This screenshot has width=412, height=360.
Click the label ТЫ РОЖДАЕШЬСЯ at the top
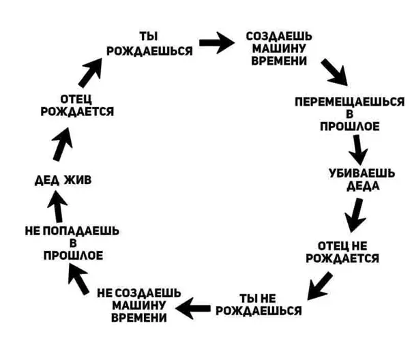[x=149, y=43]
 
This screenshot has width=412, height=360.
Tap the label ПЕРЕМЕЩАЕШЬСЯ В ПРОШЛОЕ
[x=349, y=113]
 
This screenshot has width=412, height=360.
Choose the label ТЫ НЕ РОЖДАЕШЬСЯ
[x=258, y=305]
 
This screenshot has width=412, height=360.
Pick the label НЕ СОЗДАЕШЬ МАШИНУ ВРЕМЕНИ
[x=138, y=305]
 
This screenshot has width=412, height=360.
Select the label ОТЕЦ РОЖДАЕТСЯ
[x=77, y=106]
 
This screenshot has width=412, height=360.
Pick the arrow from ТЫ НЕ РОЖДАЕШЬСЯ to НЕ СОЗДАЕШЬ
[x=193, y=308]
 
